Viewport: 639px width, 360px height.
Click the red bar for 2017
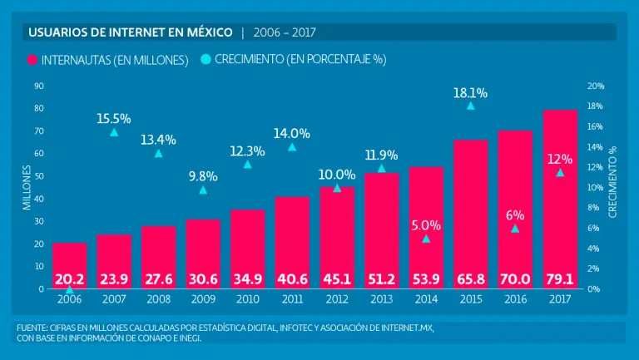pyautogui.click(x=560, y=200)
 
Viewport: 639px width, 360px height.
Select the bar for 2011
pyautogui.click(x=292, y=241)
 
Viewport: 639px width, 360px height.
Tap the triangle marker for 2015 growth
pyautogui.click(x=471, y=106)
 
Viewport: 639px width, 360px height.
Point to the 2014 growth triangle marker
pyautogui.click(x=426, y=239)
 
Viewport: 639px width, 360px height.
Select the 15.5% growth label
pyautogui.click(x=114, y=118)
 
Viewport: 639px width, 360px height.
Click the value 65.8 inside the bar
pyautogui.click(x=471, y=278)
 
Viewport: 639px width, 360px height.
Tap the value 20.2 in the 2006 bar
pyautogui.click(x=69, y=278)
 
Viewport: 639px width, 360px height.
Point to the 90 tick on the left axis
pyautogui.click(x=39, y=86)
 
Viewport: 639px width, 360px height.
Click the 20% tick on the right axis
pyautogui.click(x=596, y=86)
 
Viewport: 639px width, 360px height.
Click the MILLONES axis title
pyautogui.click(x=27, y=187)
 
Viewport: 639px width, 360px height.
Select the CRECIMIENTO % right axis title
pyautogui.click(x=613, y=181)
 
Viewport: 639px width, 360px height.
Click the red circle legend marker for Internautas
pyautogui.click(x=33, y=60)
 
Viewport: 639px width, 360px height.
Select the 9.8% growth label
pyautogui.click(x=203, y=176)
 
